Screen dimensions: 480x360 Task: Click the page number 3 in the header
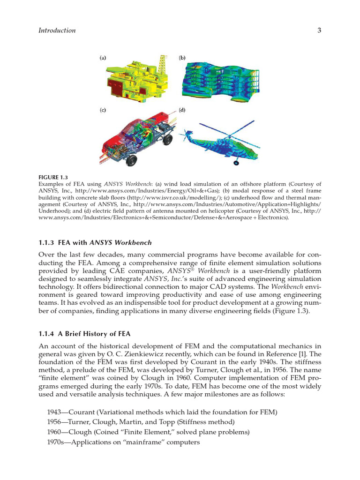click(x=319, y=30)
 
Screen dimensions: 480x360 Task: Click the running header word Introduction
click(x=56, y=30)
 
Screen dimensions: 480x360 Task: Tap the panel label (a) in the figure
click(x=103, y=58)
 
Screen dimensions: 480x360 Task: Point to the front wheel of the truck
click(x=132, y=160)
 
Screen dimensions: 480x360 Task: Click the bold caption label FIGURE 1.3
click(x=53, y=177)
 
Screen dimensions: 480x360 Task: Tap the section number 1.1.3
click(x=46, y=243)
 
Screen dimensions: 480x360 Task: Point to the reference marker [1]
click(x=300, y=354)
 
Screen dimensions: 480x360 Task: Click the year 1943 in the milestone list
click(x=54, y=412)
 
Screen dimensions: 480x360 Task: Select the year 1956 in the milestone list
click(x=54, y=422)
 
